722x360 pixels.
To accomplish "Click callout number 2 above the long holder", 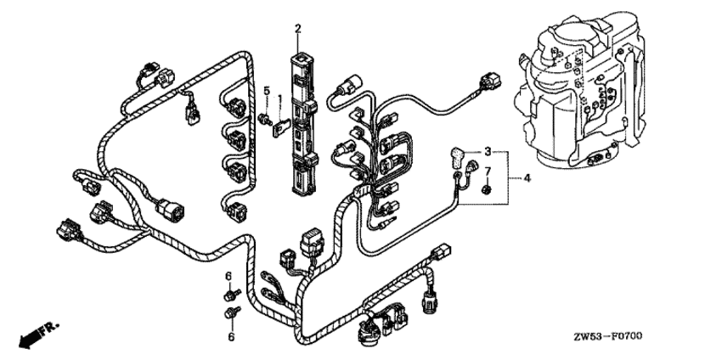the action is click(298, 30).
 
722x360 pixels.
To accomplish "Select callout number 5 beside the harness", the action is click(265, 90).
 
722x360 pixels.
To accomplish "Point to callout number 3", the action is click(488, 151).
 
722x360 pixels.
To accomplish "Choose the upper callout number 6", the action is click(228, 278).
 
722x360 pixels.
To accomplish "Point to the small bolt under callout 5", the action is click(264, 116).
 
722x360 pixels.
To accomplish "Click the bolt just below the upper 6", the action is click(230, 294).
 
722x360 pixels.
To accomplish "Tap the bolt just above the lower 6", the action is click(230, 316).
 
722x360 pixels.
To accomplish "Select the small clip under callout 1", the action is click(279, 127).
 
